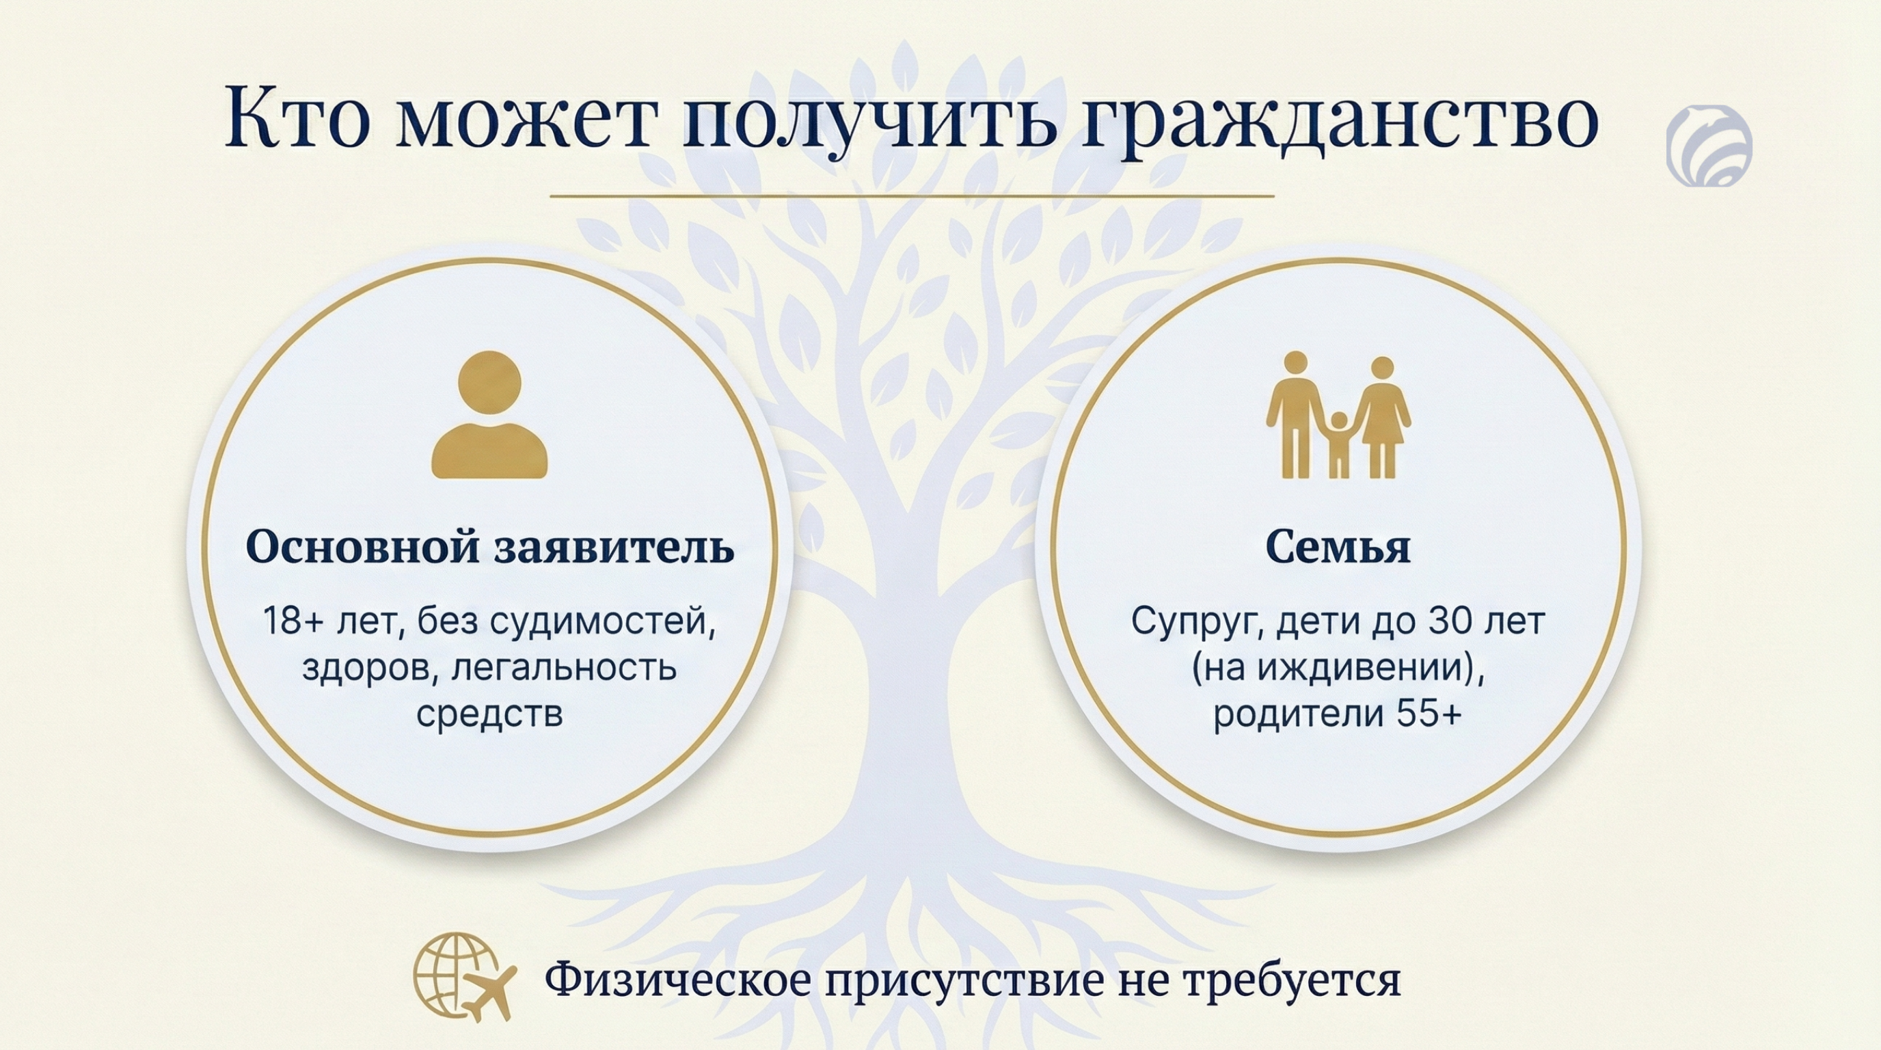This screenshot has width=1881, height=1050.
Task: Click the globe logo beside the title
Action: point(1709,144)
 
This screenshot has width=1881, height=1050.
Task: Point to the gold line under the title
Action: point(911,196)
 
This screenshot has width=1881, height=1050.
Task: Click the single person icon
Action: point(489,415)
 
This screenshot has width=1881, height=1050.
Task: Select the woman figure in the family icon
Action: point(1381,417)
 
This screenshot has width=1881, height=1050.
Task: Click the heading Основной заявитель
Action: point(490,548)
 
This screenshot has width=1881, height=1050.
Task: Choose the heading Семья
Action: point(1338,548)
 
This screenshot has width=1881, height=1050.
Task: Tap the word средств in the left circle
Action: point(489,713)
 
